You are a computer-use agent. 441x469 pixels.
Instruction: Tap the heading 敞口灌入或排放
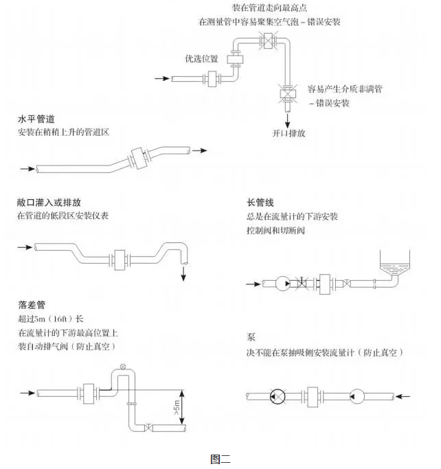pos(49,203)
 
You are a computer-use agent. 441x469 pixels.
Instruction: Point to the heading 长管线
pos(260,203)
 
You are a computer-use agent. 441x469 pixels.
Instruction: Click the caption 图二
pos(220,460)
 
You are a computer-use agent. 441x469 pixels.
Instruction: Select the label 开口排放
pos(289,133)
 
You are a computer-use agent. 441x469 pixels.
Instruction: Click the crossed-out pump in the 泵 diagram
pos(278,396)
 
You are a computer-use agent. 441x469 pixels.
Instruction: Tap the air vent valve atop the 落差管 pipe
pos(123,367)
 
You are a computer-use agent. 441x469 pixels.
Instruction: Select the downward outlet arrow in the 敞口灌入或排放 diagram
pos(184,273)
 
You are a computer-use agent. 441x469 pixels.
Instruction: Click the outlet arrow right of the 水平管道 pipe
pos(199,149)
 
